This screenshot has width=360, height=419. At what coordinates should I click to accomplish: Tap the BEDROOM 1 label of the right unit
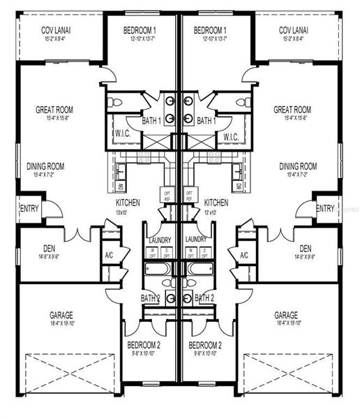pos(210,30)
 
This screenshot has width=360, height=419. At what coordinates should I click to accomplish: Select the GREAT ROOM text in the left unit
pos(54,110)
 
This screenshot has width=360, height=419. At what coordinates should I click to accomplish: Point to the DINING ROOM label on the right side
pos(298,166)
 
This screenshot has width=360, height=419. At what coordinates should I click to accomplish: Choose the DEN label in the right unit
pos(306,248)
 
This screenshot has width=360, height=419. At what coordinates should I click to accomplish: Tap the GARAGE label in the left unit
pos(61,315)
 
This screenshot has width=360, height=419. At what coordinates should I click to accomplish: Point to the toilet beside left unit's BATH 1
pos(117,103)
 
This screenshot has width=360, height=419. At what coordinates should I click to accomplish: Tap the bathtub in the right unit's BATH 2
pos(202,269)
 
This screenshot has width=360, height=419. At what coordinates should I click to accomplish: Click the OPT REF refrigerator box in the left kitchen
pos(167,195)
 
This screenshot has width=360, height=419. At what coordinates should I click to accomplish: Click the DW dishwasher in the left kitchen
pos(121,187)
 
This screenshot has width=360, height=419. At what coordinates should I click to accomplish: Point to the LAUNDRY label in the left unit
pos(160,239)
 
